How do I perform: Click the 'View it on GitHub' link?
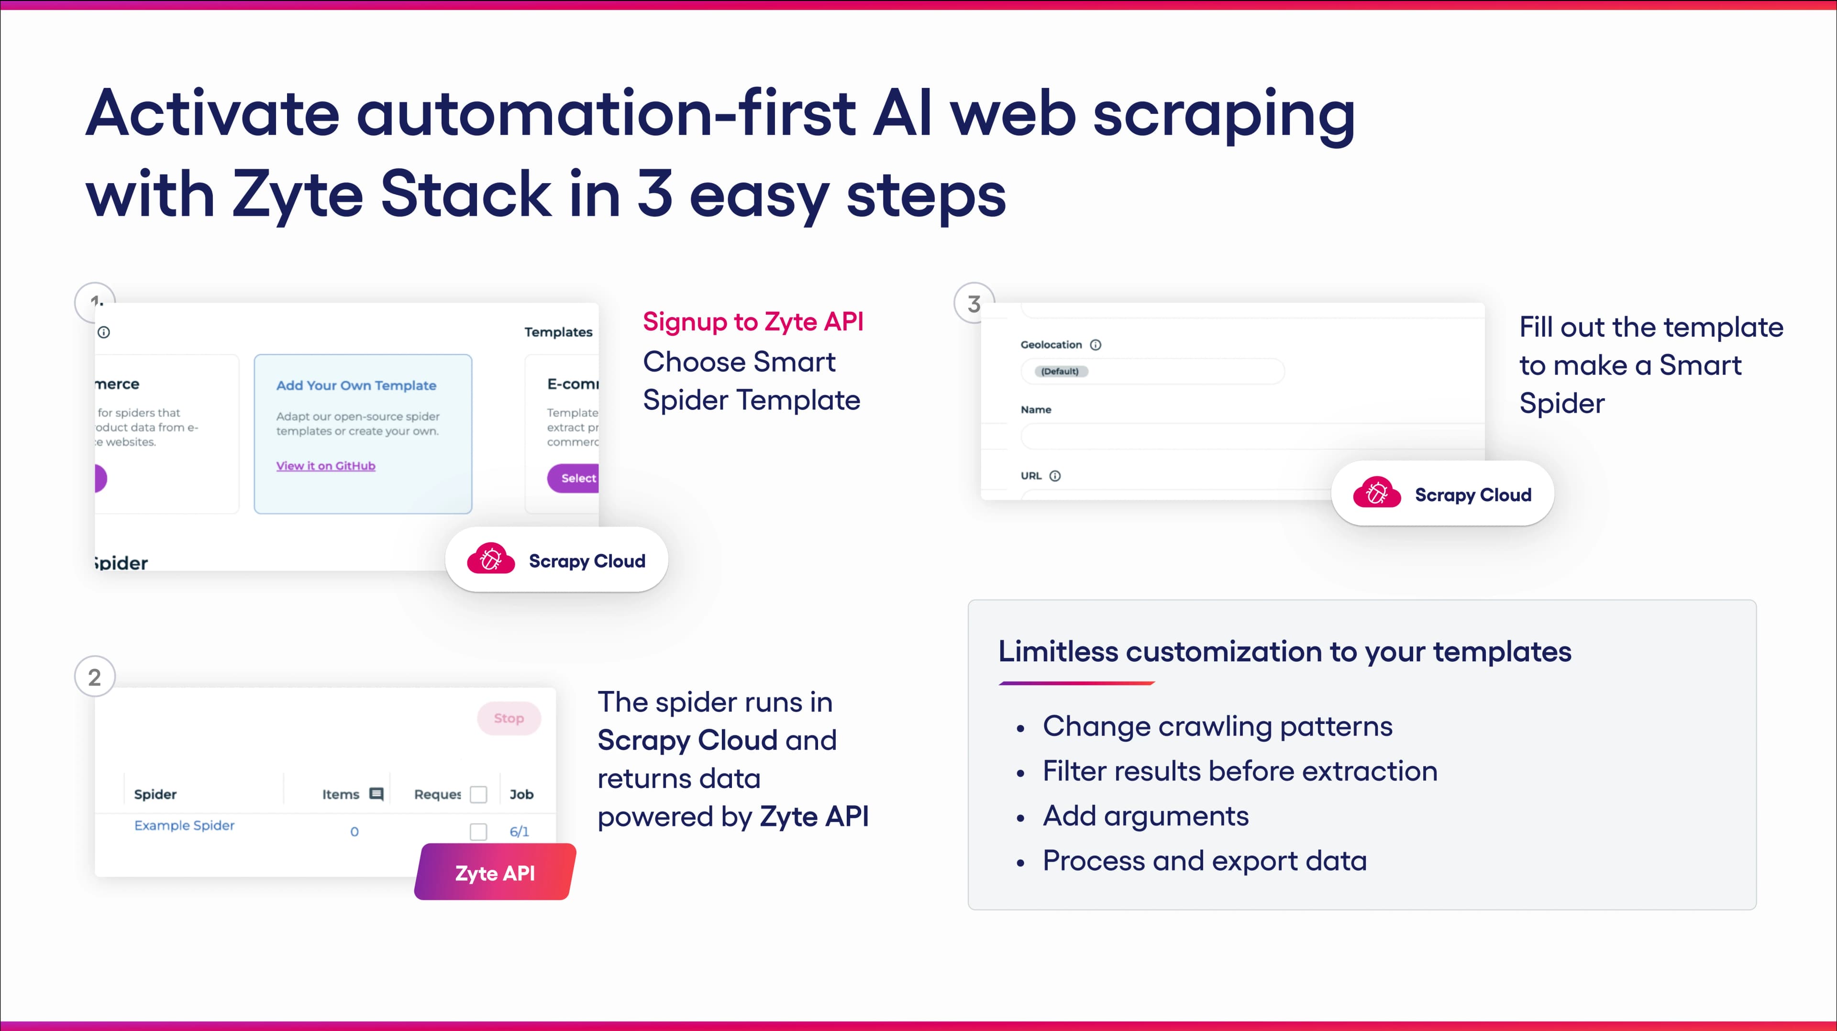(x=325, y=466)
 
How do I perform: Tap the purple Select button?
(x=574, y=478)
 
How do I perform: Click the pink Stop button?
(x=509, y=718)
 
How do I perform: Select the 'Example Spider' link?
(x=184, y=825)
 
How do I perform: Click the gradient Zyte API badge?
(x=495, y=872)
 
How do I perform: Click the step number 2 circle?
(x=95, y=677)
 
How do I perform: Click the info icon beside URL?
(x=1055, y=476)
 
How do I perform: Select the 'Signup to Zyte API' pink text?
(x=753, y=321)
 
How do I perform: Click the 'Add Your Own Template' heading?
(x=356, y=385)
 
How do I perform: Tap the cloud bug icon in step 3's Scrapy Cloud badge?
(x=1376, y=493)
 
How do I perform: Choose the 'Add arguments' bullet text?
(x=1145, y=816)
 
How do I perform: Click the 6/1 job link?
(x=519, y=832)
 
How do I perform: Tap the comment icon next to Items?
(x=376, y=793)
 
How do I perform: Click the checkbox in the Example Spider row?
(x=478, y=832)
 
